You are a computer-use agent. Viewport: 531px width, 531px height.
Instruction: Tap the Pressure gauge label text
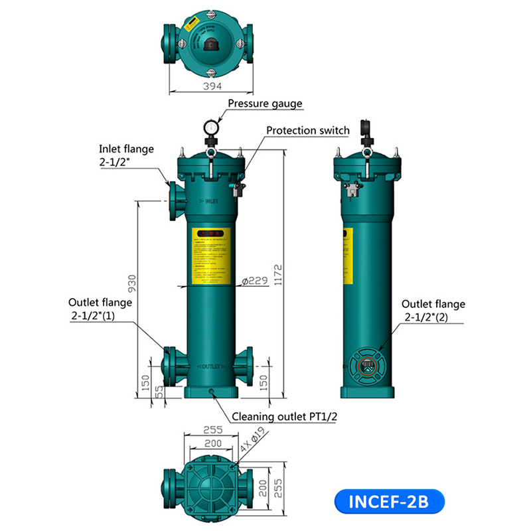[x=265, y=104]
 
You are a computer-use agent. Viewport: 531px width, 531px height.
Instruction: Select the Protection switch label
[x=307, y=130]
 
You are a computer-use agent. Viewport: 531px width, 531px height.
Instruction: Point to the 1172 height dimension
[x=279, y=272]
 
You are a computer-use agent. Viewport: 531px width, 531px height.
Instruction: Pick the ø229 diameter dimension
[x=254, y=281]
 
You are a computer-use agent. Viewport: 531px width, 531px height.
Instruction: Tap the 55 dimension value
[x=159, y=390]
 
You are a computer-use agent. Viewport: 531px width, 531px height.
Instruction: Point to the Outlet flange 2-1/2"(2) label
[x=433, y=311]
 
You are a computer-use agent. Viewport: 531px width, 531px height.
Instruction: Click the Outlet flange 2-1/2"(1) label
[x=102, y=310]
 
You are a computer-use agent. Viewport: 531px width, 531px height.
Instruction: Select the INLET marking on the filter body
[x=209, y=200]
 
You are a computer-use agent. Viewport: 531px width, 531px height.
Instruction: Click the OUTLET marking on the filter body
[x=210, y=366]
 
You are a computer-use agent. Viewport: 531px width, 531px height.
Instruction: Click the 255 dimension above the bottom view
[x=212, y=429]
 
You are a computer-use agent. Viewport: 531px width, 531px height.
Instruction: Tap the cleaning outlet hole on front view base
[x=212, y=392]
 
